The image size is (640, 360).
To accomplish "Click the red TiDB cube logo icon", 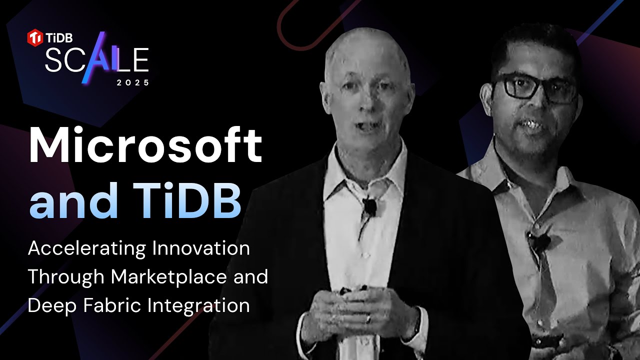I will point(34,37).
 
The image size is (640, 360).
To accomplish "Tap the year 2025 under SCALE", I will point(133,83).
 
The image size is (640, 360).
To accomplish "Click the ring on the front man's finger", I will point(368,318).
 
